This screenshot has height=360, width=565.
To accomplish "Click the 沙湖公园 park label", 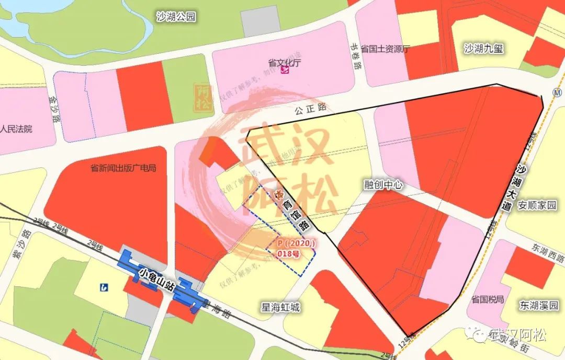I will click(176, 17).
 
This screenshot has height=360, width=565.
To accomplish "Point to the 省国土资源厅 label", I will click(386, 49).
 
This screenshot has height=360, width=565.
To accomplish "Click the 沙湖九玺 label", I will click(483, 49).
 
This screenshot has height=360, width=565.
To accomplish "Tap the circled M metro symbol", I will click(556, 92).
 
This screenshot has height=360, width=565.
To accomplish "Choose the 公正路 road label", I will click(310, 108).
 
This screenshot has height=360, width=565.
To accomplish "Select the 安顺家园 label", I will click(537, 205).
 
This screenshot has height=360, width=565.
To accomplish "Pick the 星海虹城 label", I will click(281, 307).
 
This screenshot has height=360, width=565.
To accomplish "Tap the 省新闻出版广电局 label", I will click(123, 168).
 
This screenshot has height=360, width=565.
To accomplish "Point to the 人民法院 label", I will click(16, 129).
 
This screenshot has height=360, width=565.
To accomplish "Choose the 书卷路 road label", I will click(358, 58).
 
